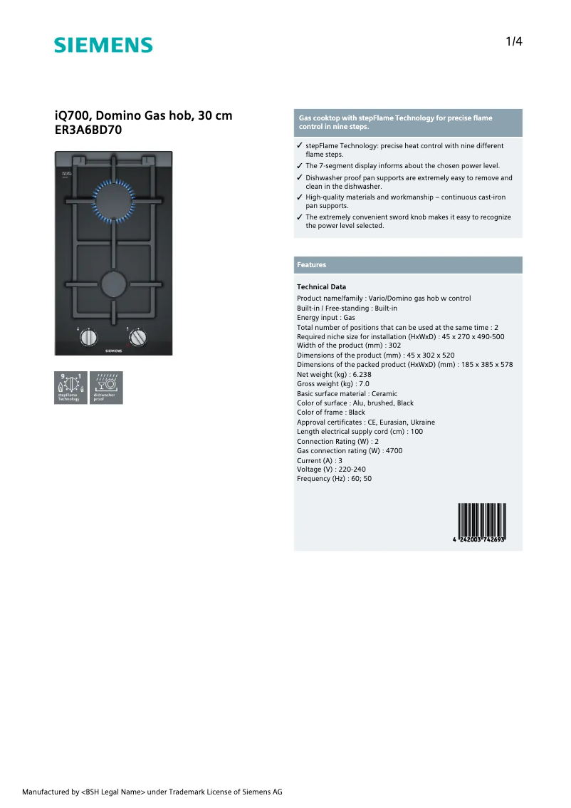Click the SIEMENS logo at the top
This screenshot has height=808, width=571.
click(x=103, y=46)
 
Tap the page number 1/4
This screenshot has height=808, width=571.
click(x=514, y=41)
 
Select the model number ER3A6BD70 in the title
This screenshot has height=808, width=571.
click(x=89, y=130)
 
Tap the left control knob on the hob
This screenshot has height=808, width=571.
click(x=87, y=338)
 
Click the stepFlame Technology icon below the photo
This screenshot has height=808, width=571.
click(x=70, y=388)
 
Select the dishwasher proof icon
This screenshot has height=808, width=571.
click(x=106, y=388)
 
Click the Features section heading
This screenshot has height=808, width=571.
click(x=312, y=265)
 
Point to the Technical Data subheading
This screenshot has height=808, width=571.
click(x=321, y=287)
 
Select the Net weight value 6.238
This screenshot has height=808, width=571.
click(x=361, y=374)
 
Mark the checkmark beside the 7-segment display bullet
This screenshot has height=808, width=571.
click(x=300, y=166)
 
